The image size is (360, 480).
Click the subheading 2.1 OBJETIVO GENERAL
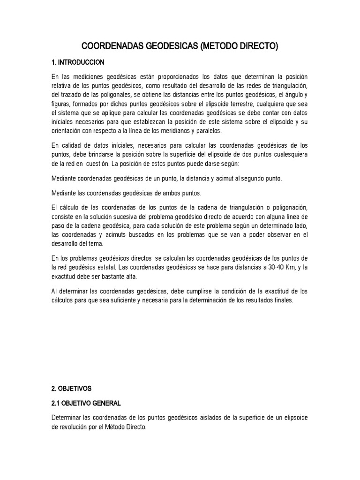pos(86,403)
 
